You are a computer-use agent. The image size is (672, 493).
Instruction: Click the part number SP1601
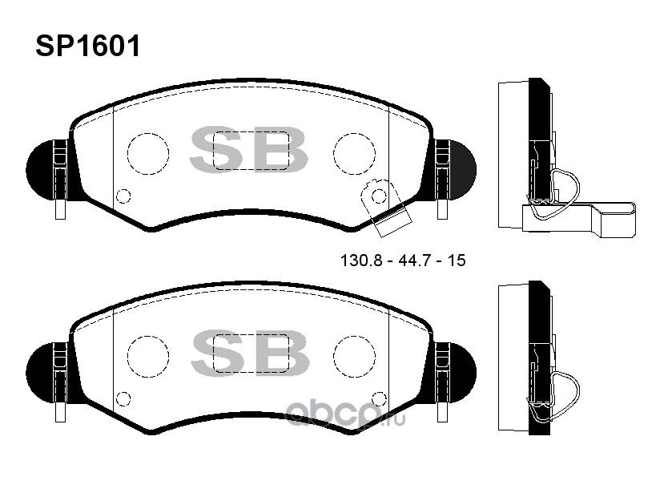point(88,46)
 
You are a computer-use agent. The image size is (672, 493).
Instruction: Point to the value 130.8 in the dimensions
point(360,261)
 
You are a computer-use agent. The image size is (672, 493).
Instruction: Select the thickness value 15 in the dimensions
point(457,261)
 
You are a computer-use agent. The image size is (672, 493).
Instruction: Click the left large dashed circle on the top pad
point(127,154)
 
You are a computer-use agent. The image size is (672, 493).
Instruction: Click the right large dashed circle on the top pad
point(333,154)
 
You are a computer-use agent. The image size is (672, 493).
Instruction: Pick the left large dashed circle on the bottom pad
point(127,356)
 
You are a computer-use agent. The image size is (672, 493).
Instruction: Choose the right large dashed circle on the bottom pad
point(333,356)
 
